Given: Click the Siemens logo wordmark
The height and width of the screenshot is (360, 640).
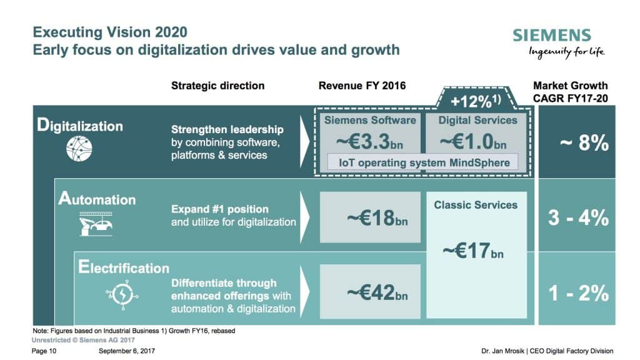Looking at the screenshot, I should [x=551, y=35].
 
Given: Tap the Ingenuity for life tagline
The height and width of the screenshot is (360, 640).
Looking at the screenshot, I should [x=567, y=52].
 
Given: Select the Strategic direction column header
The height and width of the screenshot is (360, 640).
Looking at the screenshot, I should [x=217, y=86].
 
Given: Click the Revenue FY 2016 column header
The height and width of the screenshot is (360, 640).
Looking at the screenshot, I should [x=362, y=86].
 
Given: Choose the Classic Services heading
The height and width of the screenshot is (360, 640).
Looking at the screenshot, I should [x=476, y=204].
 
